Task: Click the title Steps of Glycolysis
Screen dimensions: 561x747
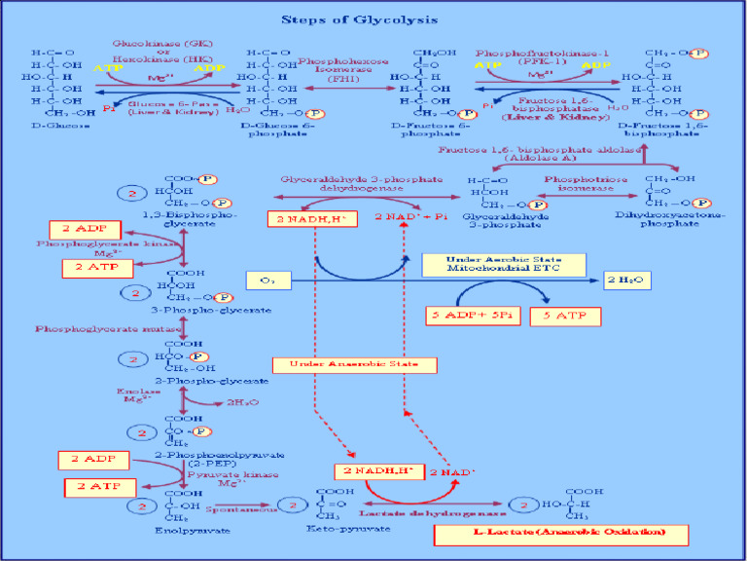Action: coord(373,19)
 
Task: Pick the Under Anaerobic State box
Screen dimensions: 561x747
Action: coord(354,364)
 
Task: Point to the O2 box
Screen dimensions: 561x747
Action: coord(269,280)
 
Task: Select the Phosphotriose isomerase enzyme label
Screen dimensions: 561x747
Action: coord(579,184)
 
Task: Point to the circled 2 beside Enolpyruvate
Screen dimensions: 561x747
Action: coord(144,506)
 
